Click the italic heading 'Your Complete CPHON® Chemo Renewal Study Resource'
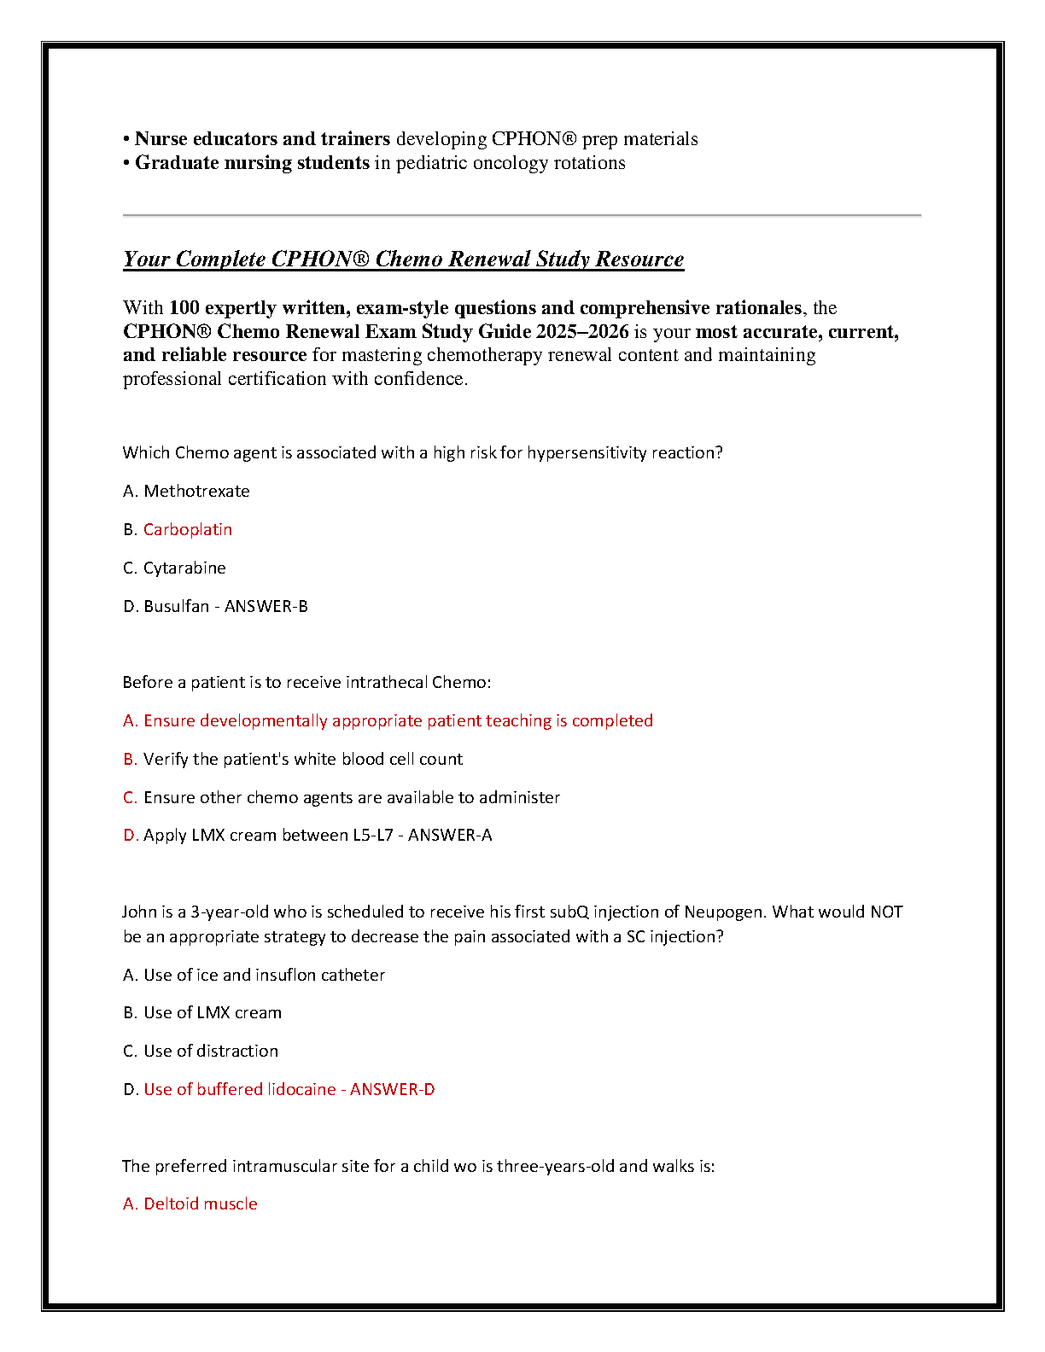coord(403,259)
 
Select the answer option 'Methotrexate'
coord(196,492)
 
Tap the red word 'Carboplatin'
coord(188,530)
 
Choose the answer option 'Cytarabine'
coord(184,568)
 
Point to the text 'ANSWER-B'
coord(266,607)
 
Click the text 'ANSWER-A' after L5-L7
coord(450,836)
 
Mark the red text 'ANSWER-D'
coord(393,1090)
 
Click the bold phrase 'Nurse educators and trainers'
coord(262,139)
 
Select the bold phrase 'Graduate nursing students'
coord(252,163)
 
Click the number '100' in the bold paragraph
coord(184,308)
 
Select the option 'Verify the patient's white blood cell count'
coord(303,760)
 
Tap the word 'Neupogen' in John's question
coord(723,912)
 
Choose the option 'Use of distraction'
coord(211,1052)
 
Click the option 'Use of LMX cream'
coord(213,1013)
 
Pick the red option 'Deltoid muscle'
coord(200,1204)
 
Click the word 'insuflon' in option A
coord(286,976)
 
